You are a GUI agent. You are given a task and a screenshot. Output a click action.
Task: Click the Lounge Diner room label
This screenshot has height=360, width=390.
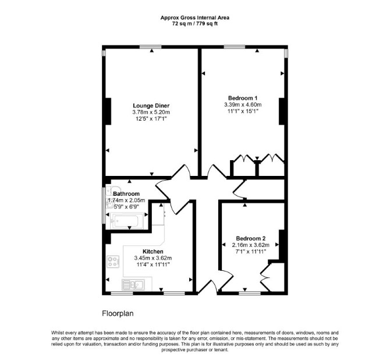tap(151, 105)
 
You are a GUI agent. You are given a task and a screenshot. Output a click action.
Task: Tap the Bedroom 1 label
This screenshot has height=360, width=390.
tap(243, 98)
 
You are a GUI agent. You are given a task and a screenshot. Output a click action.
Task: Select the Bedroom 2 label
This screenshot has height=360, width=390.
tap(251, 238)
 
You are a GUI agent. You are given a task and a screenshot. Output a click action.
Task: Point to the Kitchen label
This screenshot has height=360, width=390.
tap(153, 252)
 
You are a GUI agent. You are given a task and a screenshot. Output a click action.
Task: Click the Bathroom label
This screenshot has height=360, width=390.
tap(126, 194)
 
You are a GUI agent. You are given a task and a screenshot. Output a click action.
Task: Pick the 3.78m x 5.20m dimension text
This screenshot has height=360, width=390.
tap(151, 112)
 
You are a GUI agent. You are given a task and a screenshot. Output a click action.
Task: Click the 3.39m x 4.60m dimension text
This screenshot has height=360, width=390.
tap(243, 105)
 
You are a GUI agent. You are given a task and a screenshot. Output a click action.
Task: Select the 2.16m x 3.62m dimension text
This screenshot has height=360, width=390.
tap(251, 245)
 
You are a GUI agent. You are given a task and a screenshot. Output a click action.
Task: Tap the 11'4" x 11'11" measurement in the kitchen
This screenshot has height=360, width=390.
tap(153, 264)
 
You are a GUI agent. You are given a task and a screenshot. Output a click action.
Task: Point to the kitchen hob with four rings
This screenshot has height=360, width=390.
tap(113, 262)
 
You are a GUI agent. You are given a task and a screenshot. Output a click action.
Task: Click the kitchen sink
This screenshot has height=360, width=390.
tap(133, 285)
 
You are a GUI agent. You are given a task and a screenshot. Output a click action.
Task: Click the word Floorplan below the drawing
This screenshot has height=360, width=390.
tap(118, 313)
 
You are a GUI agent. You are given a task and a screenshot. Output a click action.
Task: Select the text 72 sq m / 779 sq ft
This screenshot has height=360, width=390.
tap(195, 24)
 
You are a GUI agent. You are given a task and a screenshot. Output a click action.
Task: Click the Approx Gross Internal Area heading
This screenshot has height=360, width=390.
tap(195, 17)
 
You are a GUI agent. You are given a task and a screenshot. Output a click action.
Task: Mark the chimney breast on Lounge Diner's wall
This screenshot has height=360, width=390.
tap(108, 111)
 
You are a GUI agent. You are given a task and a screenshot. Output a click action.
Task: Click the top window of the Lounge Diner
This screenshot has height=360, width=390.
tap(150, 47)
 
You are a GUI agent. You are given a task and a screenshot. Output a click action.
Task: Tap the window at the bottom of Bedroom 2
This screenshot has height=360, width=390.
tap(250, 293)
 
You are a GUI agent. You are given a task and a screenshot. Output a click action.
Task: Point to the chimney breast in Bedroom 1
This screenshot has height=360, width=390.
tap(282, 111)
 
